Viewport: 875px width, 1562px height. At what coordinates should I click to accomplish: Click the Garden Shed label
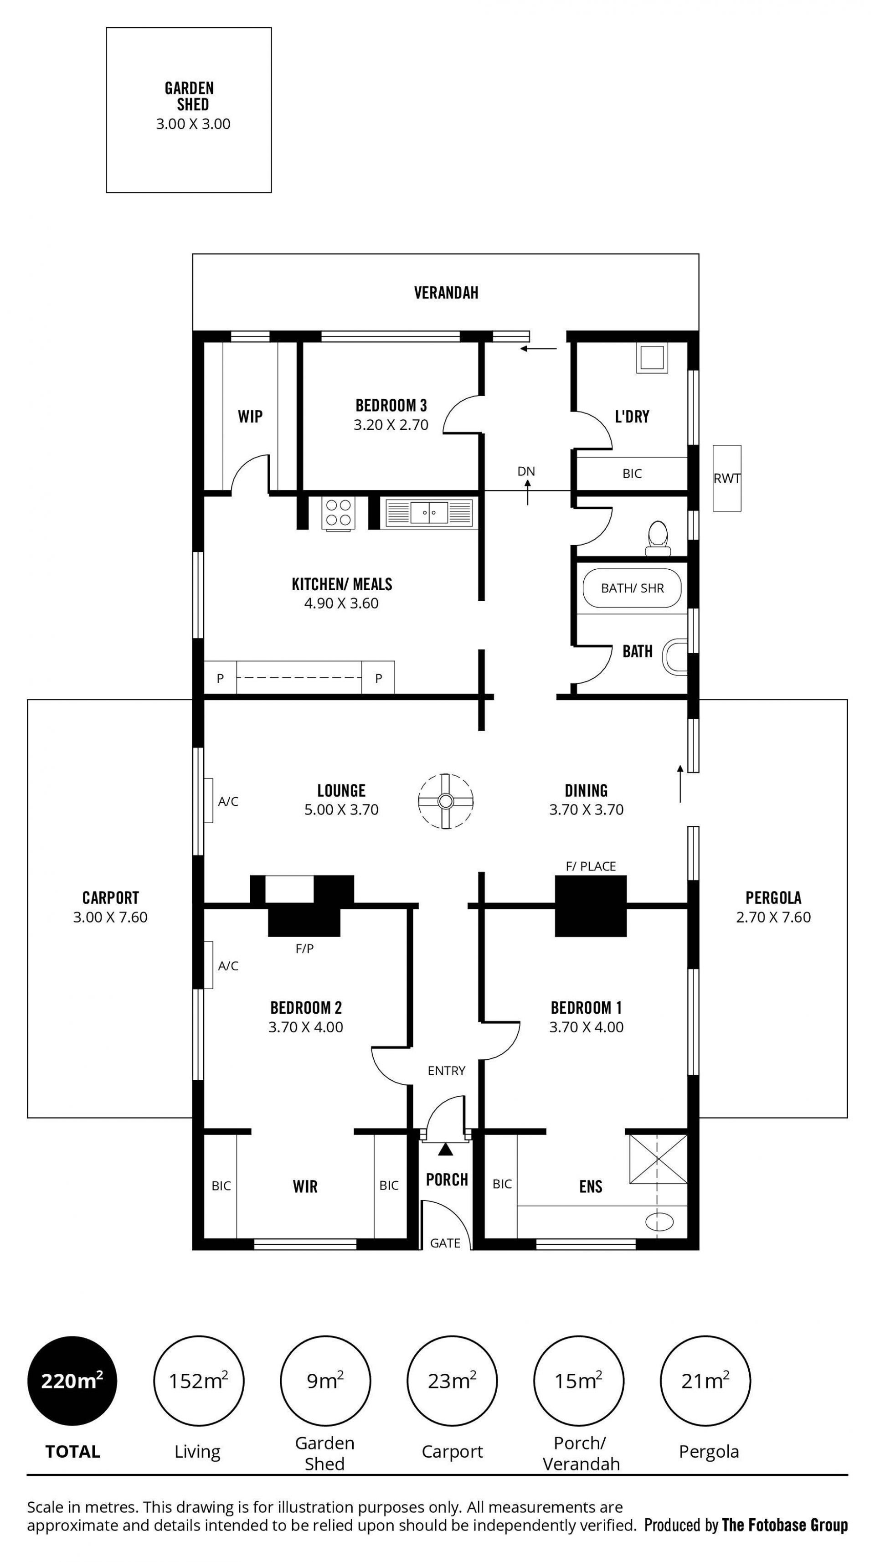(x=190, y=96)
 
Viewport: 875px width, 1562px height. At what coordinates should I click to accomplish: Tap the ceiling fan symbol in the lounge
(x=445, y=801)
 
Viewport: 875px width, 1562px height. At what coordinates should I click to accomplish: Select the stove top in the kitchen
(x=338, y=512)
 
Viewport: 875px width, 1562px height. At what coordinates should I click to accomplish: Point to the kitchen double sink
(x=429, y=512)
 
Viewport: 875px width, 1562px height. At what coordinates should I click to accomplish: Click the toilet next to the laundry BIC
(x=658, y=538)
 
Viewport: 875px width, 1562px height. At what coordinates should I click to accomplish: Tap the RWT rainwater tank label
(x=726, y=479)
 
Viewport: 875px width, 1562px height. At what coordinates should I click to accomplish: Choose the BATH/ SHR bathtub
(x=632, y=588)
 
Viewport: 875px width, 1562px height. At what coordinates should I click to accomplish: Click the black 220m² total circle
(x=72, y=1381)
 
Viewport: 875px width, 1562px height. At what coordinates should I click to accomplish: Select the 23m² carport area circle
(x=452, y=1381)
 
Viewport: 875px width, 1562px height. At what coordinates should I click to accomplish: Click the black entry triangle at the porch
(x=446, y=1149)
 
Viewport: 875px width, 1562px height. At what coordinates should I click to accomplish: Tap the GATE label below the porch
(x=445, y=1243)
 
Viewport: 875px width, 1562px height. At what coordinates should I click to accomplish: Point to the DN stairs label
(x=526, y=471)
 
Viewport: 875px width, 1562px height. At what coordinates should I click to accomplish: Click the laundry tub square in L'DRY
(x=652, y=358)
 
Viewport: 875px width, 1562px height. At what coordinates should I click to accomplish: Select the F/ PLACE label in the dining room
(x=591, y=866)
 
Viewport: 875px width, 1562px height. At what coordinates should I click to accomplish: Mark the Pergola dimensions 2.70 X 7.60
(x=773, y=918)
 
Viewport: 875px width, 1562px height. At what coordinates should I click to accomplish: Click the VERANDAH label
(x=446, y=293)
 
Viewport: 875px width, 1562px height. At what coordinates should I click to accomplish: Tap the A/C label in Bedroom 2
(x=228, y=966)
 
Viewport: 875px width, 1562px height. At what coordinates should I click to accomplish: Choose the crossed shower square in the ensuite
(x=659, y=1158)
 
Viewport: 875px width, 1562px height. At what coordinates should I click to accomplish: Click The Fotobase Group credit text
(x=785, y=1525)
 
